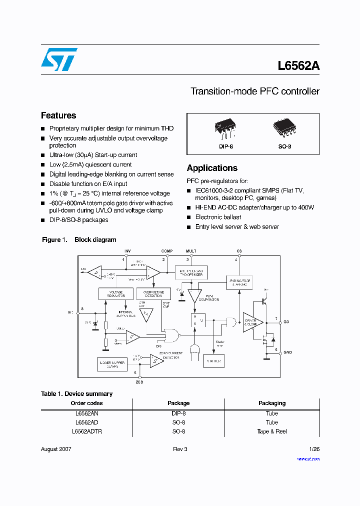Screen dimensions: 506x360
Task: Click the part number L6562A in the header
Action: [298, 66]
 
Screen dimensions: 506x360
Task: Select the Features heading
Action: [58, 115]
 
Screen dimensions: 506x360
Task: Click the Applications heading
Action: [212, 168]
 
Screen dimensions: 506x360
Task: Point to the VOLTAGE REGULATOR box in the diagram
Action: [115, 293]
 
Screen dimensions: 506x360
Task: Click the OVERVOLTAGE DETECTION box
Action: [153, 293]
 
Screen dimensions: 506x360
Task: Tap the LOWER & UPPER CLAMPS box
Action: [112, 364]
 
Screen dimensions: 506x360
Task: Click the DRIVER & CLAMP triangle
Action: [251, 322]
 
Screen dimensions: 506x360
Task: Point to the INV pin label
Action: [127, 251]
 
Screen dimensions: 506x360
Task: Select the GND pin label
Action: [287, 352]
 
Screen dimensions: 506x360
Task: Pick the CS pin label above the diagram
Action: [239, 251]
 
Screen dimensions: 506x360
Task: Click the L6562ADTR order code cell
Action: [86, 431]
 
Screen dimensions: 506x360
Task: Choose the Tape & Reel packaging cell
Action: [271, 431]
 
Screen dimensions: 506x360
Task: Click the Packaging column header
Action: [271, 403]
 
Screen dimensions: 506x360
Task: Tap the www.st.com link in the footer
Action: [308, 458]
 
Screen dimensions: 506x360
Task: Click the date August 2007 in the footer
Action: [56, 449]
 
